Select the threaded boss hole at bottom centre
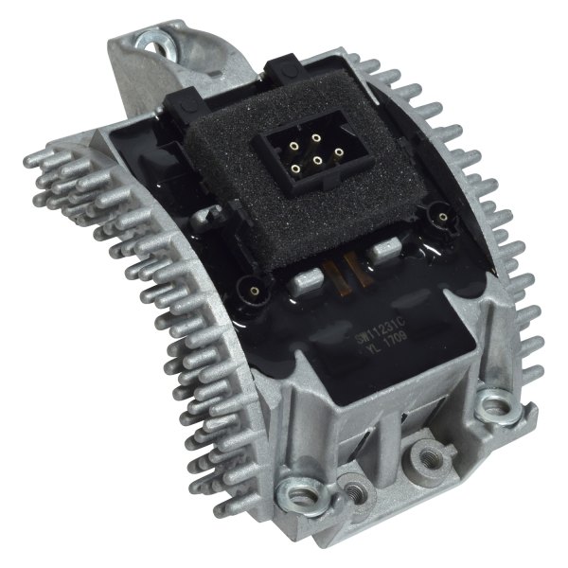click(422, 447)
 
